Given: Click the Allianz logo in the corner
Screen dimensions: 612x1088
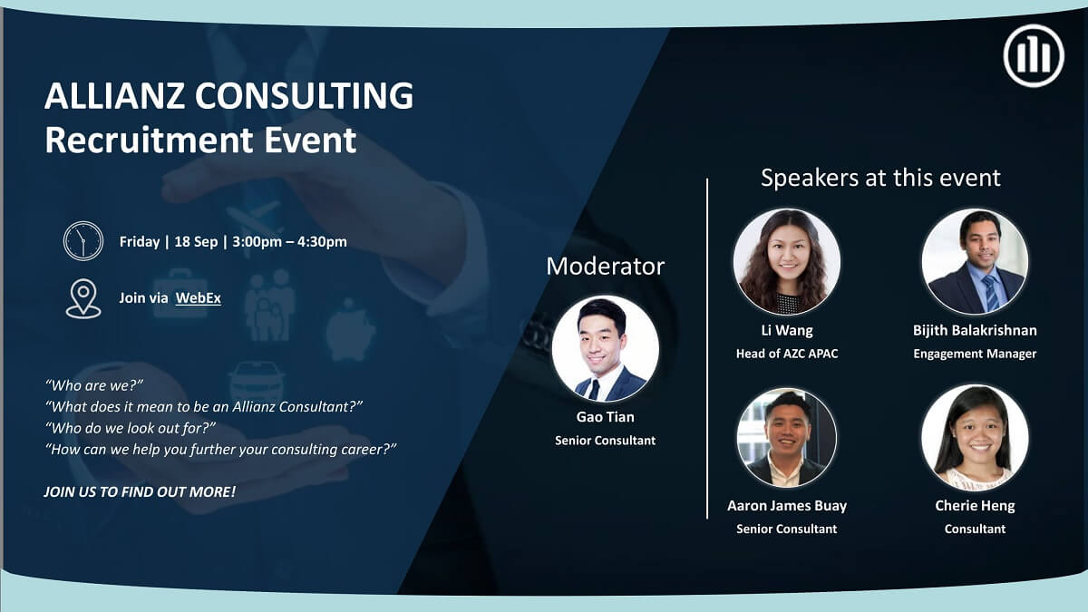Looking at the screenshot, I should click(x=1033, y=55).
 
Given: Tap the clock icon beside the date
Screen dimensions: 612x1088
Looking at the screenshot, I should click(x=83, y=241).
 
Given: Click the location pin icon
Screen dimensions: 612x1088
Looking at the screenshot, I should click(x=83, y=298).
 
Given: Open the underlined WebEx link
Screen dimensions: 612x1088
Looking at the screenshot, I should click(x=198, y=297).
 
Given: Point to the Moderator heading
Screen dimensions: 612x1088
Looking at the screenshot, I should click(x=605, y=267).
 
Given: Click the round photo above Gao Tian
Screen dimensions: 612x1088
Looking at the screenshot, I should click(x=605, y=349).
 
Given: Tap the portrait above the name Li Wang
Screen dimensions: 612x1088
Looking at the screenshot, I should click(x=786, y=262).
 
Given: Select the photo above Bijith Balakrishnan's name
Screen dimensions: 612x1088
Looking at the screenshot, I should click(x=975, y=262).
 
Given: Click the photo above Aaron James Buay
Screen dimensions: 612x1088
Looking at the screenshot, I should click(x=786, y=438).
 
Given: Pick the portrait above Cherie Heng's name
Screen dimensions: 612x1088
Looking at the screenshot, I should click(x=975, y=438).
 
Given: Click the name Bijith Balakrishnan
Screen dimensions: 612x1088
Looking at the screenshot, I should click(x=975, y=330).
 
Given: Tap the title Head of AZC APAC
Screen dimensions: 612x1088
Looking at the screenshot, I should click(x=786, y=354).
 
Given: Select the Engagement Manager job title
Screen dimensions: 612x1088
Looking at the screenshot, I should click(x=975, y=354).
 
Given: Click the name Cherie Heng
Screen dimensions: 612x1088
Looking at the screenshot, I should click(x=975, y=506).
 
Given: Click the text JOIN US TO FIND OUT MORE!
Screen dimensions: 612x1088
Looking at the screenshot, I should click(x=140, y=491).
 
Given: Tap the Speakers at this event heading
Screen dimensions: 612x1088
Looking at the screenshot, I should click(x=880, y=178).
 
